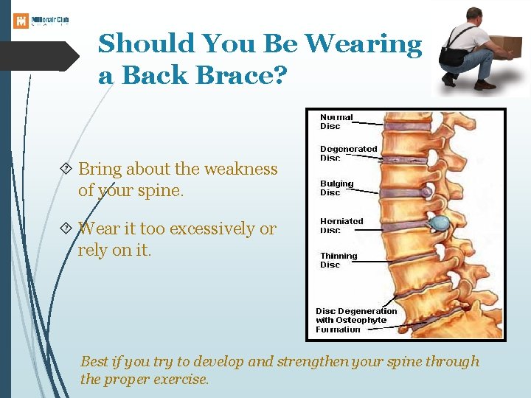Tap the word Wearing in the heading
pyautogui.click(x=364, y=44)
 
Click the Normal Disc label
pyautogui.click(x=336, y=122)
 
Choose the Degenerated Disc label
pyautogui.click(x=348, y=153)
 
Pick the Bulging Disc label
pyautogui.click(x=336, y=188)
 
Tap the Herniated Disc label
pyautogui.click(x=341, y=225)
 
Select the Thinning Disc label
pyautogui.click(x=338, y=260)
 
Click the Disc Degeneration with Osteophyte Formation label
pyautogui.click(x=356, y=320)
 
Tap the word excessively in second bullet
pyautogui.click(x=212, y=229)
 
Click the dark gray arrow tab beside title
pyautogui.click(x=37, y=57)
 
